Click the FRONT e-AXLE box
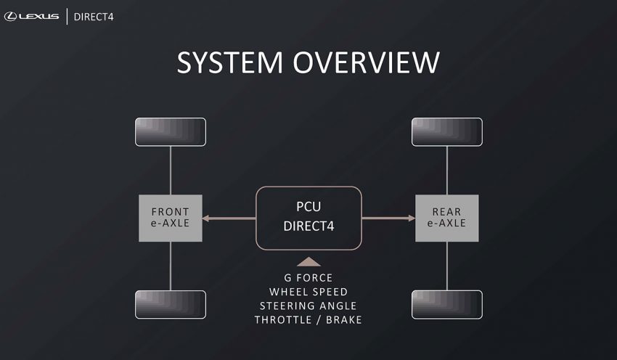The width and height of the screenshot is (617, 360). point(171,218)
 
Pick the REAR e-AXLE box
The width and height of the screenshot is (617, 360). point(446,218)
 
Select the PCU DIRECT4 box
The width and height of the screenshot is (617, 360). point(308,218)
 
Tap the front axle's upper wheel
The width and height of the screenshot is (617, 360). point(171,131)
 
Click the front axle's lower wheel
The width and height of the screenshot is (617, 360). point(171,305)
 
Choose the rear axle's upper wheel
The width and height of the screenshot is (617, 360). point(446,131)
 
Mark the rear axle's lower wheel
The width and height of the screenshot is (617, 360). point(446,305)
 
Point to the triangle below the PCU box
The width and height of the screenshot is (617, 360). point(308,261)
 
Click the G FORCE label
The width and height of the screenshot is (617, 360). point(308,278)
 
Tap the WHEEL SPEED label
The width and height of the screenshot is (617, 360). point(308,292)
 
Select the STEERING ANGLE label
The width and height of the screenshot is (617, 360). point(308,306)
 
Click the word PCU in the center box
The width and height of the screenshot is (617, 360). point(308,208)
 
